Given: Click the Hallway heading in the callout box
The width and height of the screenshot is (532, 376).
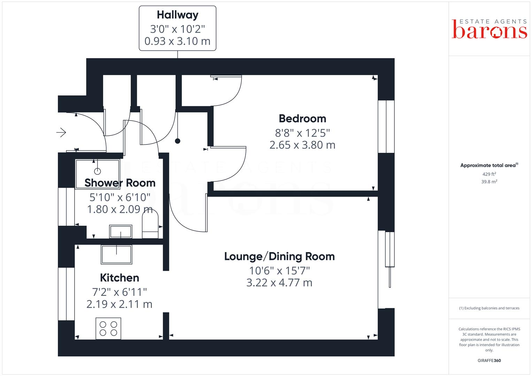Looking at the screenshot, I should tap(177, 15).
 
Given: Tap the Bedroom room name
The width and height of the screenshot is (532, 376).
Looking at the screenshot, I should tap(302, 119).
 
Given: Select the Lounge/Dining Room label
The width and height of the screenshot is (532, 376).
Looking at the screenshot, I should tap(279, 257).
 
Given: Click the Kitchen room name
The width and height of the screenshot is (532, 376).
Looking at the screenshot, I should tap(119, 278).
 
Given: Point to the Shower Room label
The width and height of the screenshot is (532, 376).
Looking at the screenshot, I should tap(120, 183).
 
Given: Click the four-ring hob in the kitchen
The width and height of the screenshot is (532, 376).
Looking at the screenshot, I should tap(108, 328).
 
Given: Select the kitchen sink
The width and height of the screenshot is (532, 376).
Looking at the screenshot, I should tap(116, 254).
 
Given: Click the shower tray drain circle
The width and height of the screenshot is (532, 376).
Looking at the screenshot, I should tap(97, 171).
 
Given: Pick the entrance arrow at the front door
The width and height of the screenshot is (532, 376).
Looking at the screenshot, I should tap(61, 132).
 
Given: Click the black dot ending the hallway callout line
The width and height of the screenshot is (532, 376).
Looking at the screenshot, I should tap(178, 141).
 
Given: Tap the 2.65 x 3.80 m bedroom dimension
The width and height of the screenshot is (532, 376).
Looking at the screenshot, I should tap(302, 145).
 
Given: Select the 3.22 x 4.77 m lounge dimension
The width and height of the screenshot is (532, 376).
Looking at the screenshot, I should tap(279, 282).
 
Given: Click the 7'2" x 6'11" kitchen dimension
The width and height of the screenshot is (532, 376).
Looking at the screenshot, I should tap(119, 291).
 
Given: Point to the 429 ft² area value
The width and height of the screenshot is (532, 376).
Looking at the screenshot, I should tap(489, 174).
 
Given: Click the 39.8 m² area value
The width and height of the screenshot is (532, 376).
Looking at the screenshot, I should tap(489, 182).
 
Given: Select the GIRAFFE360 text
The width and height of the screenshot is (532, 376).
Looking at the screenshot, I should tap(489, 361).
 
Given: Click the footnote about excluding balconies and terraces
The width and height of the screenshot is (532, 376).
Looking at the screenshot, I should tap(489, 308).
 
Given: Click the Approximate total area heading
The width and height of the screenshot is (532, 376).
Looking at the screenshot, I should tap(488, 165).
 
